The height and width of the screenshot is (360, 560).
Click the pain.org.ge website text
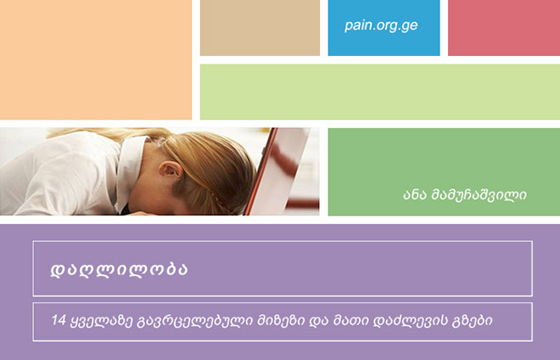coord(381,25)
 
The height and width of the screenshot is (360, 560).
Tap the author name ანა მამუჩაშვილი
coord(465,194)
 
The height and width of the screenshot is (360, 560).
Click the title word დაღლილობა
coord(119,269)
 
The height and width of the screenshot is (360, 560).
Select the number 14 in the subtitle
coord(59,319)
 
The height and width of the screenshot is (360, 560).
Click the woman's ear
coord(170,170)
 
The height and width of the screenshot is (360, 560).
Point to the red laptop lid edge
coord(260,172)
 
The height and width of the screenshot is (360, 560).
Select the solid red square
coord(504,27)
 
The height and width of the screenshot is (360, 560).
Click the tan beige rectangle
coord(260,27)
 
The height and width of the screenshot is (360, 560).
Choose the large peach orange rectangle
coord(96,59)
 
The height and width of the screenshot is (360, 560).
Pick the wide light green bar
coord(380,92)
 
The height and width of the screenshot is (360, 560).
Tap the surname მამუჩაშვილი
coord(479,195)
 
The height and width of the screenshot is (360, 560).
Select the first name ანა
coord(415,195)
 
